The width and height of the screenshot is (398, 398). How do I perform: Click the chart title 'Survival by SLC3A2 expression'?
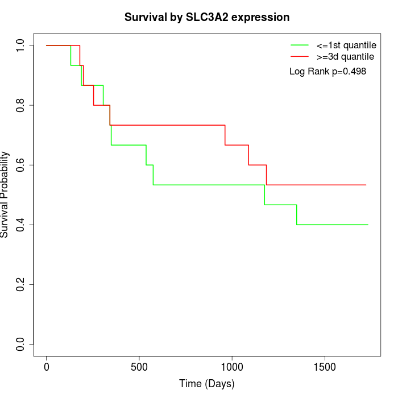point(207,17)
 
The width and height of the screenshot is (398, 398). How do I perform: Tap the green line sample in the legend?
point(300,45)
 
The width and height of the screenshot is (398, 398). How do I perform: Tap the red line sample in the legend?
point(300,57)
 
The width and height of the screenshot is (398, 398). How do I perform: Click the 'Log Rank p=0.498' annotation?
point(327,72)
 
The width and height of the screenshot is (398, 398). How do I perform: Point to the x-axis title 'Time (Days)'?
point(207,384)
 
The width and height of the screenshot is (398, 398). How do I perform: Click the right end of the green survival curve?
point(368,225)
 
